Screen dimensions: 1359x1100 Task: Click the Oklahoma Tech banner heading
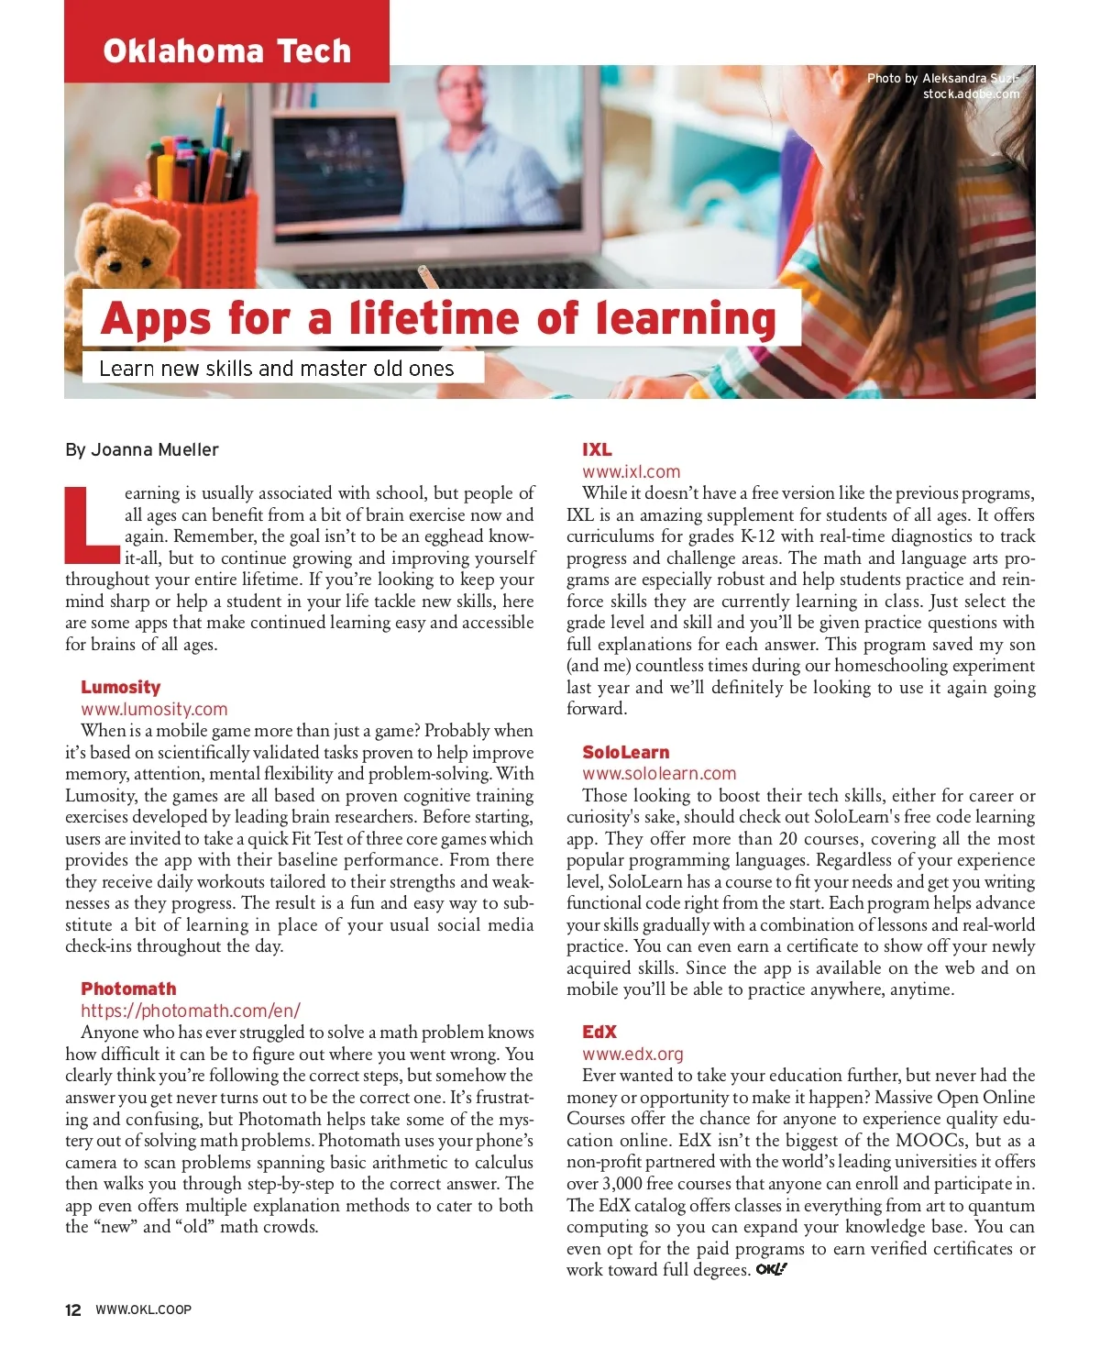point(226,50)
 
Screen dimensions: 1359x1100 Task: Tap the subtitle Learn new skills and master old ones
point(276,369)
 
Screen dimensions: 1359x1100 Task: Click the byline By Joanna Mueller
point(142,450)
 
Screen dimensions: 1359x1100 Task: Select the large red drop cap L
point(92,525)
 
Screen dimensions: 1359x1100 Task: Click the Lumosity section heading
point(120,687)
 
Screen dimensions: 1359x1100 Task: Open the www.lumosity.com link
point(154,709)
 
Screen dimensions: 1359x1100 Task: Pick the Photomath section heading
point(128,989)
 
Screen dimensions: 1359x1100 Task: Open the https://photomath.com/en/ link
point(191,1011)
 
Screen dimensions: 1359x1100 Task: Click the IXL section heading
point(597,449)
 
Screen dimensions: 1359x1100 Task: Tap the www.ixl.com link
point(631,471)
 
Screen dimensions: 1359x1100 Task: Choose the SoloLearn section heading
point(625,752)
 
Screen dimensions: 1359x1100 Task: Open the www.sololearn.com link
point(659,774)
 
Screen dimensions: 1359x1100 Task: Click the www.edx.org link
point(632,1055)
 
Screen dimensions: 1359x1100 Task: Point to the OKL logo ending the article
point(771,1270)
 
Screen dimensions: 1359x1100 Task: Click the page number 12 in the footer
point(73,1309)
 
